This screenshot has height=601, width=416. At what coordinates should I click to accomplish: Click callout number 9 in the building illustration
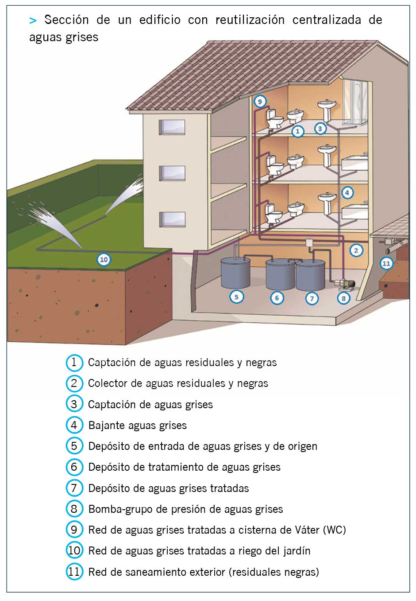260,101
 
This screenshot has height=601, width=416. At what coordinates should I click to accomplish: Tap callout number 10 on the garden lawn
104,259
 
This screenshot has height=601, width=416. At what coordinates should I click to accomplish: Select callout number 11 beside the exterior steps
386,263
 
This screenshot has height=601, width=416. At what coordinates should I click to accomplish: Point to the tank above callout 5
235,272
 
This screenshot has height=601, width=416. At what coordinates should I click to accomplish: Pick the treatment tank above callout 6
280,274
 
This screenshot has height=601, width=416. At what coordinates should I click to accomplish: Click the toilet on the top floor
275,118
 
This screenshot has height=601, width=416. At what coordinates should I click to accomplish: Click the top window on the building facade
172,127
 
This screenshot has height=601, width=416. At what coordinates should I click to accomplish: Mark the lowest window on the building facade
172,219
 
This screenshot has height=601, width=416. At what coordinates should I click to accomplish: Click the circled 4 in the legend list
74,425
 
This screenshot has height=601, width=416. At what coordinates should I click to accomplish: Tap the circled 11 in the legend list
74,572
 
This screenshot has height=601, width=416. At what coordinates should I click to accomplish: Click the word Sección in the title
66,20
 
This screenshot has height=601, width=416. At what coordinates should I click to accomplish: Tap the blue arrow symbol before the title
33,20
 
